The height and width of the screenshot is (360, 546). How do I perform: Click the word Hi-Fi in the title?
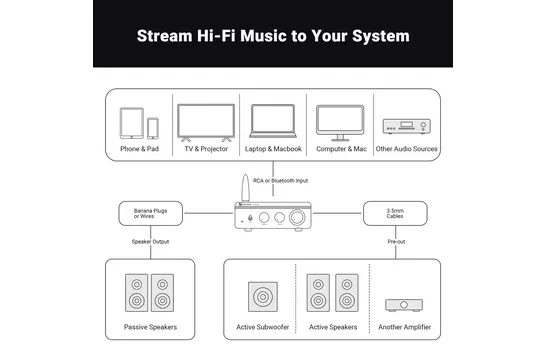[x=216, y=36]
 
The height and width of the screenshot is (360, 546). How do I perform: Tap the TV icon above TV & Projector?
[x=206, y=123]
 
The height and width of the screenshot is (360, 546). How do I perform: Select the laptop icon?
[x=273, y=121]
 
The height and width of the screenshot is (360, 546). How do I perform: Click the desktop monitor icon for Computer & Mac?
[x=340, y=123]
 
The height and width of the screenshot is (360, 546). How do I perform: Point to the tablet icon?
[x=132, y=123]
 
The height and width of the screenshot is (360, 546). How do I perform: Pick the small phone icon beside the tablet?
[x=153, y=128]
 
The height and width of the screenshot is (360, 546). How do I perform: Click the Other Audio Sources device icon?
[x=406, y=126]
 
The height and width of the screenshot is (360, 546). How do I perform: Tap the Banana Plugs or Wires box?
[x=150, y=213]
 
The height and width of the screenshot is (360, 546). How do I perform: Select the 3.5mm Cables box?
[x=395, y=213]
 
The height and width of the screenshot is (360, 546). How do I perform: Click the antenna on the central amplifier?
[x=245, y=188]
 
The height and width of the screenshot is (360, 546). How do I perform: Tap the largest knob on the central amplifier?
[x=297, y=218]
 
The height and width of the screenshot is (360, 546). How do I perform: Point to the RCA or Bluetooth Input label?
[x=280, y=181]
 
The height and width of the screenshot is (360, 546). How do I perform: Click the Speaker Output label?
[x=150, y=242]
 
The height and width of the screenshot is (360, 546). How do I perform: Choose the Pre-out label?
[x=396, y=242]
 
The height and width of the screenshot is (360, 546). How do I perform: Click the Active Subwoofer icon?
[x=263, y=297]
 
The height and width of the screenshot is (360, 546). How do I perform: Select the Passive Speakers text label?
[x=150, y=327]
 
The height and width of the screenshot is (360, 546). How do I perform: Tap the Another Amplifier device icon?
[x=404, y=305]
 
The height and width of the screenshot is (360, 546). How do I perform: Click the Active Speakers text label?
[x=333, y=327]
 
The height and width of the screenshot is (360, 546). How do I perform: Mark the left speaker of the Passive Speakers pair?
[x=136, y=293]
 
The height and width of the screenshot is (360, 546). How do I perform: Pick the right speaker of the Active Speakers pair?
[x=347, y=293]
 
